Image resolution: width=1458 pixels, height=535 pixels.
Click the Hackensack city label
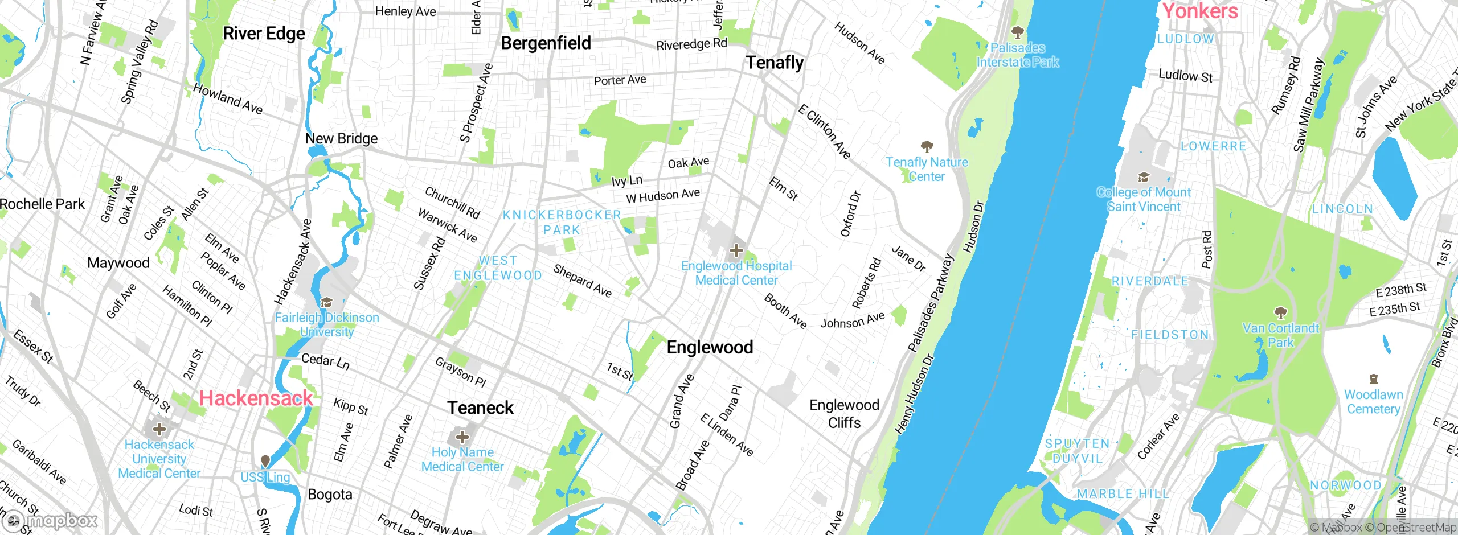click(256, 398)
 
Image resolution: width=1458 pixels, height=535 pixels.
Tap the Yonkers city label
click(1200, 11)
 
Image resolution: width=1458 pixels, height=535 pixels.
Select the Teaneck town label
click(480, 408)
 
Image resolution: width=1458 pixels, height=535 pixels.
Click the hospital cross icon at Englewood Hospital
click(736, 250)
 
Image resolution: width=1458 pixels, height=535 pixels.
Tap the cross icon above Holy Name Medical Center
click(462, 437)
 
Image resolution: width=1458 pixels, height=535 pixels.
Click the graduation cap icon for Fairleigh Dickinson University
click(326, 302)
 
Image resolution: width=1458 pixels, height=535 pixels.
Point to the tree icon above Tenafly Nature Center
click(927, 147)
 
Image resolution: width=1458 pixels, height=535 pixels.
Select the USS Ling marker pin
click(265, 461)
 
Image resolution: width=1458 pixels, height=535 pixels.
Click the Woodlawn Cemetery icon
click(1373, 379)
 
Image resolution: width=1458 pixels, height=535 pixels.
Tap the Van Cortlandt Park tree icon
click(1280, 312)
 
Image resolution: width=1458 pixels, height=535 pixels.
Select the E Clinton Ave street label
click(824, 132)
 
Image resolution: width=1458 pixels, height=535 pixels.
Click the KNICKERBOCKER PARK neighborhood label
click(562, 223)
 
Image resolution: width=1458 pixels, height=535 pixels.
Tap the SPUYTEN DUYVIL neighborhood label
click(1077, 451)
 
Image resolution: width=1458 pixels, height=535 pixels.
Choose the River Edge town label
click(264, 34)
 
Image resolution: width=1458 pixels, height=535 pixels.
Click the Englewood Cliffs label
click(844, 414)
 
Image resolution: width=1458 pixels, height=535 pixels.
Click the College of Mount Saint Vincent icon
click(1143, 177)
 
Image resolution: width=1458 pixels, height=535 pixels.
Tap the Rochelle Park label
click(42, 204)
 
